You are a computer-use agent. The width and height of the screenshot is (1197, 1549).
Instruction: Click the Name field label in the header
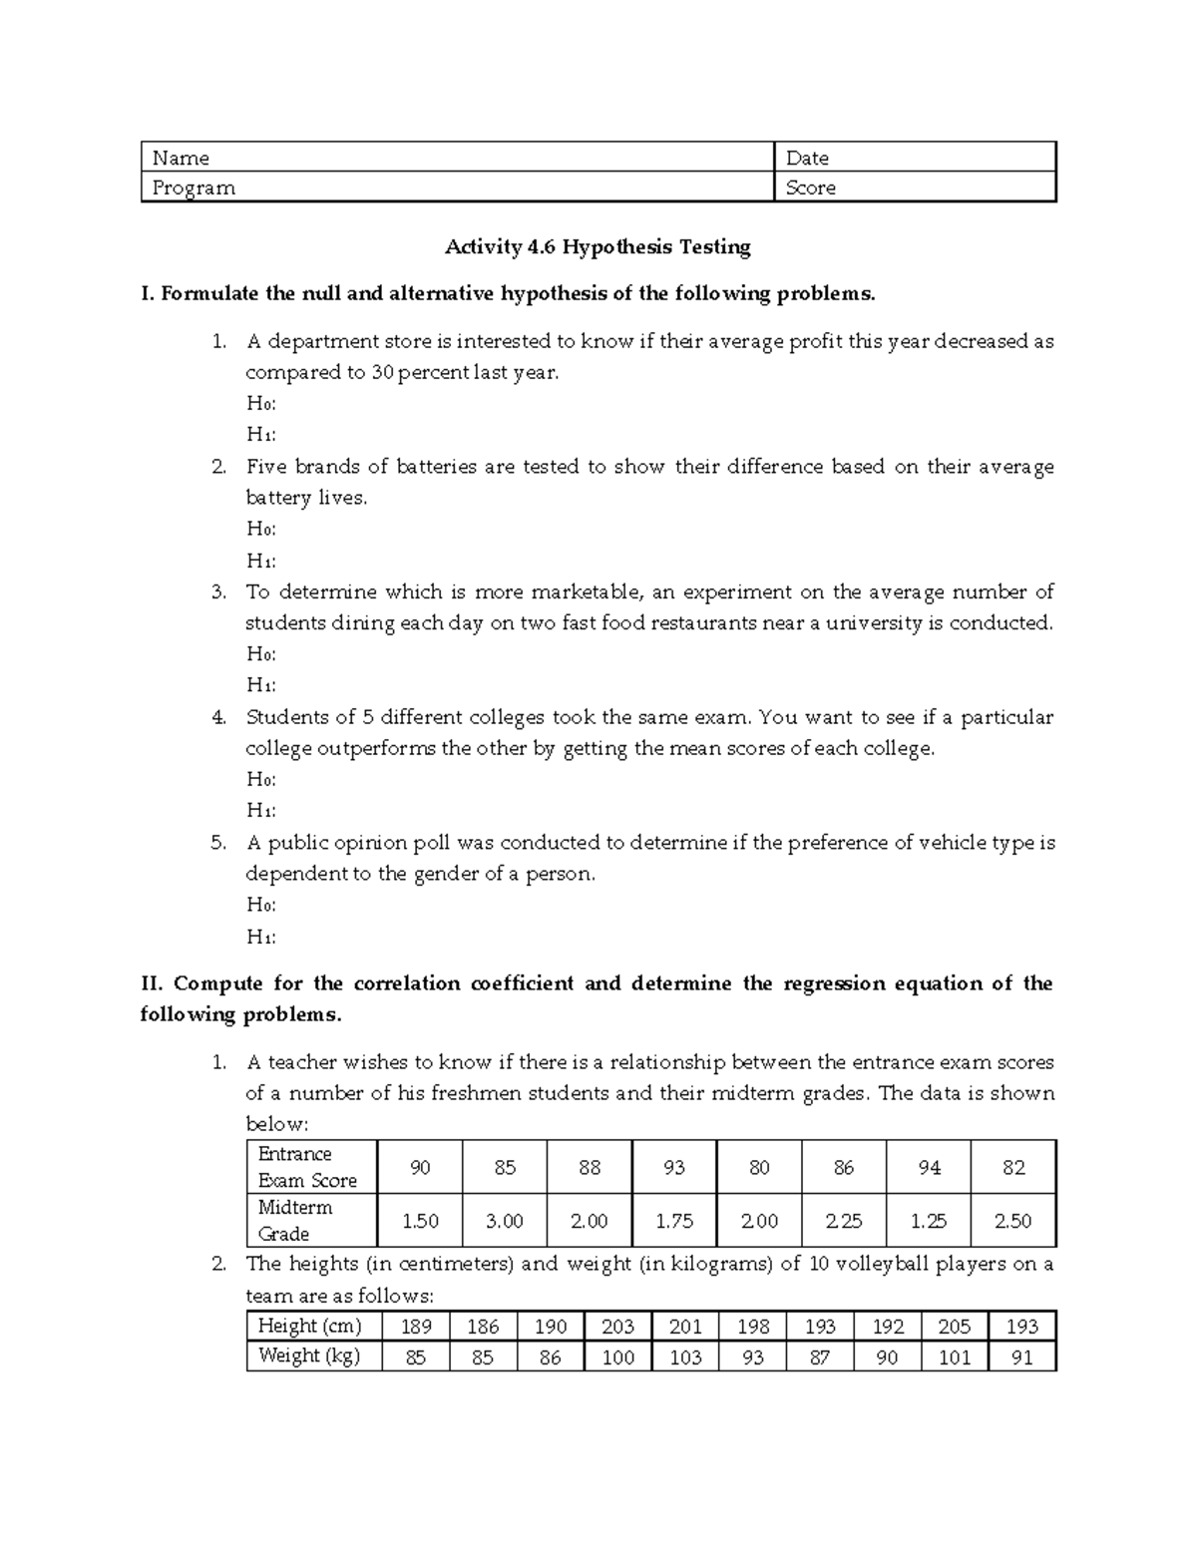click(x=181, y=158)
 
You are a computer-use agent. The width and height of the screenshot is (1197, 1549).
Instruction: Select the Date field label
click(x=807, y=158)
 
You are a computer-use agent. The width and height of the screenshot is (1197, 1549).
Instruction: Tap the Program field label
click(x=194, y=188)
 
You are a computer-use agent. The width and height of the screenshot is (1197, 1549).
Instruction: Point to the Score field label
click(x=810, y=188)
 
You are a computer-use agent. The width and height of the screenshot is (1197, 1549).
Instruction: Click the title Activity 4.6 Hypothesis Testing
click(x=598, y=246)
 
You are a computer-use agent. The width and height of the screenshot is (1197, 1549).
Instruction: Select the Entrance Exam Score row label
click(x=307, y=1167)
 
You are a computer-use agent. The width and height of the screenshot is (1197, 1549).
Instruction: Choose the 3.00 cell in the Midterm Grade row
click(x=505, y=1221)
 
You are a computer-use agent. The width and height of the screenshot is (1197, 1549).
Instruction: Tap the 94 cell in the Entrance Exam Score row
click(x=929, y=1167)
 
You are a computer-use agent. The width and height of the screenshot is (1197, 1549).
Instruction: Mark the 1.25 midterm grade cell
click(x=929, y=1221)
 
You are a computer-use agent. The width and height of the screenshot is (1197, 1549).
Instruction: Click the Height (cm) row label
click(x=309, y=1326)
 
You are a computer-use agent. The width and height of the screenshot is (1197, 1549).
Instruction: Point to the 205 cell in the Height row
click(x=954, y=1327)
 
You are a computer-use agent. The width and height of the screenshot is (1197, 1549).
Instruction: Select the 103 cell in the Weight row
click(x=685, y=1356)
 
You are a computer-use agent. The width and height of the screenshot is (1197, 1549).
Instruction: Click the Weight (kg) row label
click(x=309, y=1355)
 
